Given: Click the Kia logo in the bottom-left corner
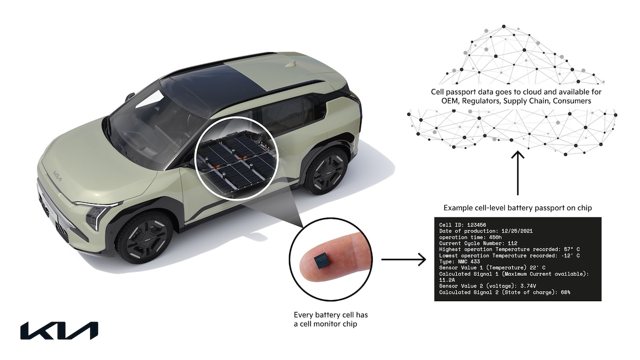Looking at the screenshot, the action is (x=59, y=331).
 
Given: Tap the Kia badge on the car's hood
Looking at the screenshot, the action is (x=57, y=176).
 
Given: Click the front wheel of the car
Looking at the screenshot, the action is (x=145, y=238).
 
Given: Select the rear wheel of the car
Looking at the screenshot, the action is (x=327, y=171).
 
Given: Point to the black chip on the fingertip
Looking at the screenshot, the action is (x=322, y=261).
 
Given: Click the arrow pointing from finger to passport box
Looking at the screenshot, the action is (x=404, y=259).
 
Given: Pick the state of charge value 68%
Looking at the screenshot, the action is (x=564, y=292).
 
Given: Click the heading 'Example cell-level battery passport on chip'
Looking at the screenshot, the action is (x=517, y=208).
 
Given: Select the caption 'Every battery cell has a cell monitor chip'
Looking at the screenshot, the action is (x=331, y=319).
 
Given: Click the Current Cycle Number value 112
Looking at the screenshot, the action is (x=513, y=243).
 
